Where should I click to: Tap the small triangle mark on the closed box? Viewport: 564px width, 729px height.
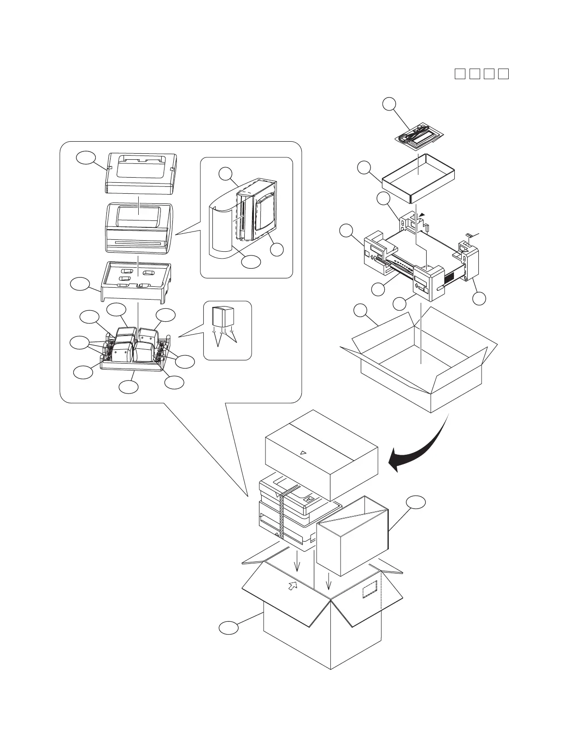(303, 453)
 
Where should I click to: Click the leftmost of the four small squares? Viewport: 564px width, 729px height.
(459, 74)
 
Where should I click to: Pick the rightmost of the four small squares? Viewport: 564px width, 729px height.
(504, 74)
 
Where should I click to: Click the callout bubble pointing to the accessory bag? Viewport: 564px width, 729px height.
(390, 104)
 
